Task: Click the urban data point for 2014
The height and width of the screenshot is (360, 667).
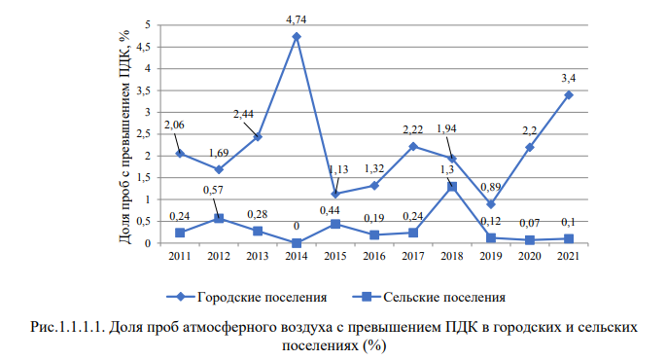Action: point(296,37)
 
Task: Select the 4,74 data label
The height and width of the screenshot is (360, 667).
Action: point(296,18)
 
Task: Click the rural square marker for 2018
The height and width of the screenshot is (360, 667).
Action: point(451,187)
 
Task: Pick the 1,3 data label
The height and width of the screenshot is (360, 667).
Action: point(449,169)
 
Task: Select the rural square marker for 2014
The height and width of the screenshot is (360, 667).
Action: point(296,243)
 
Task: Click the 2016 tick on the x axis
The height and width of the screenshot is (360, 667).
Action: point(373,257)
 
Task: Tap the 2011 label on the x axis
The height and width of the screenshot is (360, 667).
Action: point(179,257)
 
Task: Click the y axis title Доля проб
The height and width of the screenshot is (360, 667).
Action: point(123,136)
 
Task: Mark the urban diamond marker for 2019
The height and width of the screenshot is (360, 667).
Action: point(491,204)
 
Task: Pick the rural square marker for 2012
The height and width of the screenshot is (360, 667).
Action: point(218,218)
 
